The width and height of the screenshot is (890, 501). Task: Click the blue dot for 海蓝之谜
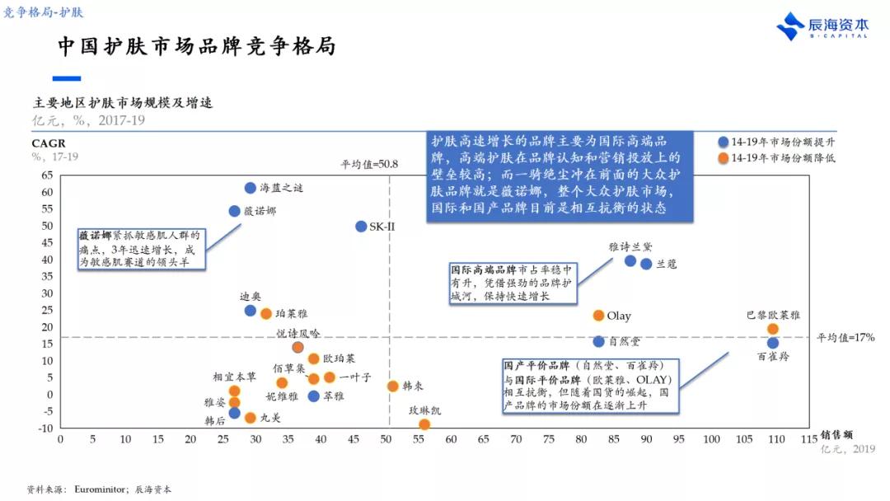[251, 188]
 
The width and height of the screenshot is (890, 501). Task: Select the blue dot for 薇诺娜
[234, 211]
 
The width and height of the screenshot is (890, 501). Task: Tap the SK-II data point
[361, 226]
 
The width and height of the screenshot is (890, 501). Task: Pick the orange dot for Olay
[598, 316]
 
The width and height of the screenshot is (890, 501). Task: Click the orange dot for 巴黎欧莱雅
[772, 329]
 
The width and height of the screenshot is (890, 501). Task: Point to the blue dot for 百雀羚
[772, 343]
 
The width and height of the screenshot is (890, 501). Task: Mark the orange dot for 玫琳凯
[424, 424]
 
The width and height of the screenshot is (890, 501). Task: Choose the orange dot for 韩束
[393, 386]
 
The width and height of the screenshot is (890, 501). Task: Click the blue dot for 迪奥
[251, 311]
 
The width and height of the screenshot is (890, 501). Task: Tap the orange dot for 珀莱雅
[266, 314]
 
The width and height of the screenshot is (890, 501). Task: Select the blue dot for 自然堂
[598, 341]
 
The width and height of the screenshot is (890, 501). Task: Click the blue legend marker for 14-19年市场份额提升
[723, 142]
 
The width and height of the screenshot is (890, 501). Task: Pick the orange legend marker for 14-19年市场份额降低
[723, 157]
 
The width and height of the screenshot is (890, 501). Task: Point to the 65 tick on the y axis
[46, 175]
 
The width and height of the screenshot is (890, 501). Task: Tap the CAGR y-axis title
[48, 143]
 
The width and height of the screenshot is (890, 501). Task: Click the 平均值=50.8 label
[369, 164]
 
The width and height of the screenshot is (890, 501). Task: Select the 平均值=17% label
[845, 337]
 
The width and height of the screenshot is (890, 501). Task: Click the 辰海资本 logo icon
[790, 26]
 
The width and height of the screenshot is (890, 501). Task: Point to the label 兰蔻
[667, 264]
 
